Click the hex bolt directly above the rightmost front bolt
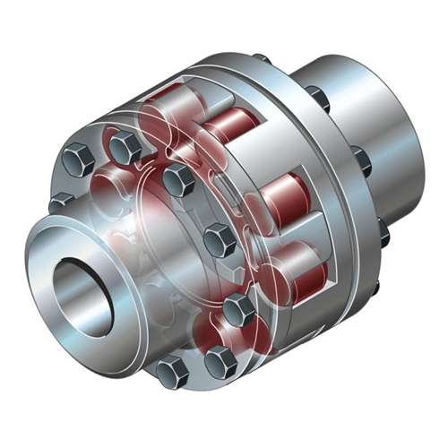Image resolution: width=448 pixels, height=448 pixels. coord(218,240)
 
